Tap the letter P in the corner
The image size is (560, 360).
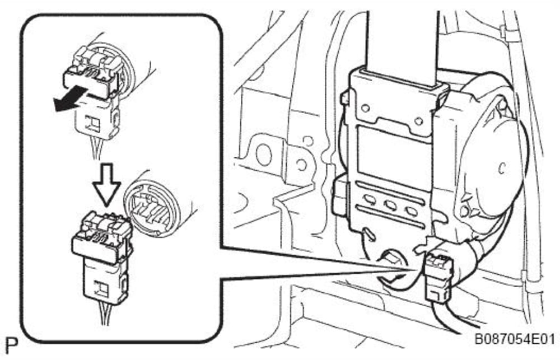pyautogui.click(x=12, y=345)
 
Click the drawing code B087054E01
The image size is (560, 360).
pyautogui.click(x=514, y=339)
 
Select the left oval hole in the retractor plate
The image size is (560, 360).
pyautogui.click(x=370, y=200)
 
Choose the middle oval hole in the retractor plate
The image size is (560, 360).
pyautogui.click(x=390, y=205)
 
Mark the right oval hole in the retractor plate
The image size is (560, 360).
pyautogui.click(x=412, y=211)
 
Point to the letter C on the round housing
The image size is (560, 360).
pyautogui.click(x=502, y=168)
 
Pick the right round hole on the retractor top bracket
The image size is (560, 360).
pyautogui.click(x=418, y=122)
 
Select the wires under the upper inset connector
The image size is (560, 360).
pyautogui.click(x=96, y=149)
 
